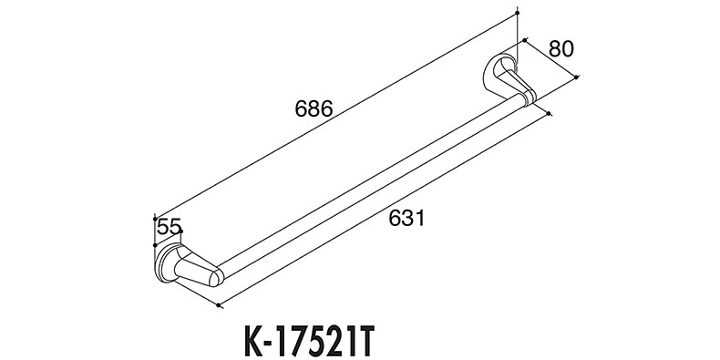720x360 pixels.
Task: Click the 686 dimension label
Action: point(314,109)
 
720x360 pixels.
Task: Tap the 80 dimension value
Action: point(561,48)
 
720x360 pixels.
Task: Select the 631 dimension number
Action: point(406,218)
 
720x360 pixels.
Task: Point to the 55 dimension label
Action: point(169,227)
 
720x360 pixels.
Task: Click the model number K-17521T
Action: point(311,342)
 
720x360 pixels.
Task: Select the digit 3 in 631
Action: point(407,218)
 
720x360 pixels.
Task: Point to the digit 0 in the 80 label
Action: point(568,48)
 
